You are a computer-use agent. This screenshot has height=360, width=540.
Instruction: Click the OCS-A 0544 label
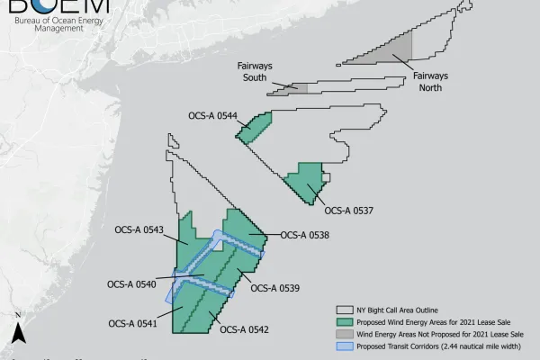tap(212, 116)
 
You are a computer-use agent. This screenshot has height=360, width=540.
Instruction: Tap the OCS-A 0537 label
tap(348, 212)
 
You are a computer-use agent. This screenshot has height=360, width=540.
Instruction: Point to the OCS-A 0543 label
tap(139, 229)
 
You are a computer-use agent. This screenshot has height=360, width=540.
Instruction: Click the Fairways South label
tap(255, 70)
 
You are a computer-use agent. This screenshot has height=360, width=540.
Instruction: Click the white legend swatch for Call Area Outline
tap(342, 307)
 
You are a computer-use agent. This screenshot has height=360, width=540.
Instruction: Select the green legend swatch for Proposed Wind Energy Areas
tap(342, 319)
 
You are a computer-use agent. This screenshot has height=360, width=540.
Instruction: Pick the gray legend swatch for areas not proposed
tap(342, 332)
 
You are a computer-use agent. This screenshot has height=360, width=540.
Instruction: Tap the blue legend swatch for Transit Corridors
tap(342, 345)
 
